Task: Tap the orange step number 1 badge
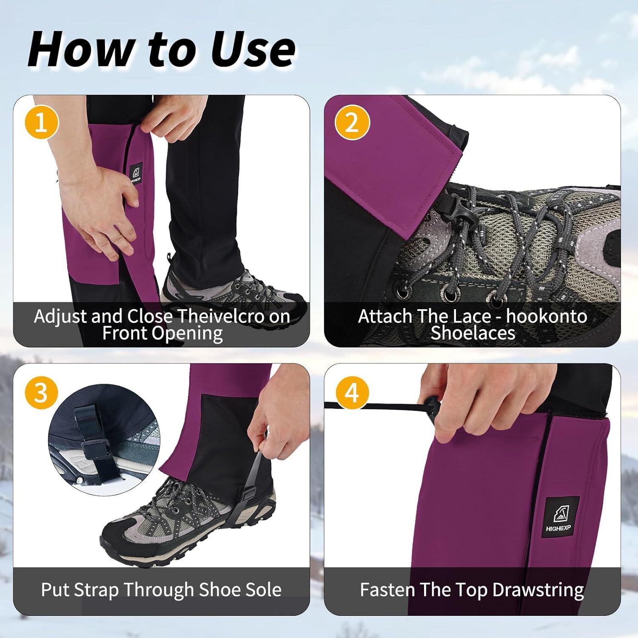point(41,123)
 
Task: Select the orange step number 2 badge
point(352,123)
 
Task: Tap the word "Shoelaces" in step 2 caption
point(473,333)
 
